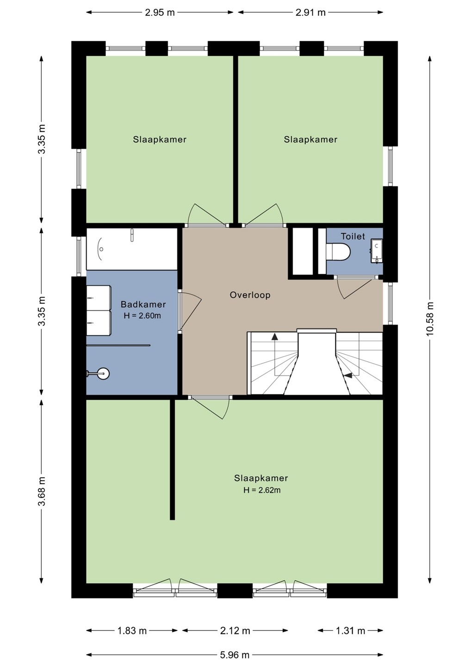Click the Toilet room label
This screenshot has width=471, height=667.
coord(353,236)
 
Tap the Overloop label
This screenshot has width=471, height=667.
coord(250,295)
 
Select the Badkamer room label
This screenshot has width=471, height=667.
coord(143,304)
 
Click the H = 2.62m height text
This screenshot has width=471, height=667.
coord(262,490)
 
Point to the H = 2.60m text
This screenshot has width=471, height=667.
coord(142,315)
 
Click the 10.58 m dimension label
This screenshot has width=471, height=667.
coord(430,319)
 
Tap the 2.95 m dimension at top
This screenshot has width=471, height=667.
coord(160,13)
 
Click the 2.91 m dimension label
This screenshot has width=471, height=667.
coord(310,13)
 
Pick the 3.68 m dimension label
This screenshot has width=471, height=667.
coord(42,491)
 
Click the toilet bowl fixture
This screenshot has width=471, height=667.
coord(338,252)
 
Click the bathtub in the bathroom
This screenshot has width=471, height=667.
coord(132,249)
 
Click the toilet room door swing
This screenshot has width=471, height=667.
coord(354,288)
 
